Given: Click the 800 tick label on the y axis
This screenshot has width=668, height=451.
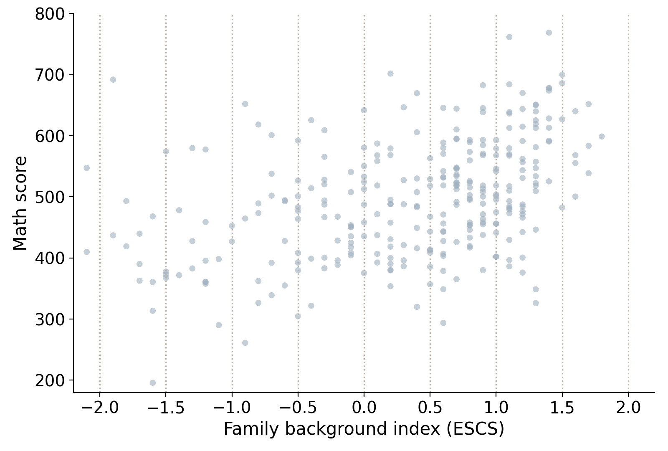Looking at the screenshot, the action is (50, 14).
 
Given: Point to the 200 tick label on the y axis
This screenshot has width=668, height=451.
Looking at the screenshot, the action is (50, 381).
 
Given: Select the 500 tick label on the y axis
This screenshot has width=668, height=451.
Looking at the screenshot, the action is (50, 197).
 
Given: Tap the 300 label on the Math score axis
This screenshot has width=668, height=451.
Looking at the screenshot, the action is (50, 320).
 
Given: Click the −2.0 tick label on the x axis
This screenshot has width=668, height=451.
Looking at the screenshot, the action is (100, 408).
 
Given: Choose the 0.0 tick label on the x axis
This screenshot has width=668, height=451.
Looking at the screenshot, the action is (364, 408).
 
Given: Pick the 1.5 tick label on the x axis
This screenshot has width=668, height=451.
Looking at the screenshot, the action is (562, 408).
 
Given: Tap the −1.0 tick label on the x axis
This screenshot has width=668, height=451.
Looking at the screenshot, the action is (232, 408).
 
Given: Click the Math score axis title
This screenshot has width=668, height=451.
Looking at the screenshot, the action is (20, 203).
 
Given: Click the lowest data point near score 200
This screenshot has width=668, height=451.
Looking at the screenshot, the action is (153, 383).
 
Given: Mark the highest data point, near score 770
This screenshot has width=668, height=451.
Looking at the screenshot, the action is (549, 33).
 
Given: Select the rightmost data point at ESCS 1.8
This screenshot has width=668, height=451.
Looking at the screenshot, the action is (602, 137).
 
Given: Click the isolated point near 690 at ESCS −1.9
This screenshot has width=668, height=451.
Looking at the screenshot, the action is (113, 80).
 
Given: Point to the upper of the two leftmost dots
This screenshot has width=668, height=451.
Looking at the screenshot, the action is (87, 168).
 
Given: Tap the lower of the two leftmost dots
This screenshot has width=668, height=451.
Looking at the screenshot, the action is (87, 252).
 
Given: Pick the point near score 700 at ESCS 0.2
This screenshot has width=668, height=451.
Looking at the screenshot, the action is (390, 73).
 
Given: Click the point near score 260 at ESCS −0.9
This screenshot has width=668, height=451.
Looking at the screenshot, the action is (245, 343).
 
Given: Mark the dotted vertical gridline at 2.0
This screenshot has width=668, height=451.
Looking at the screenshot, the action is (628, 203).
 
